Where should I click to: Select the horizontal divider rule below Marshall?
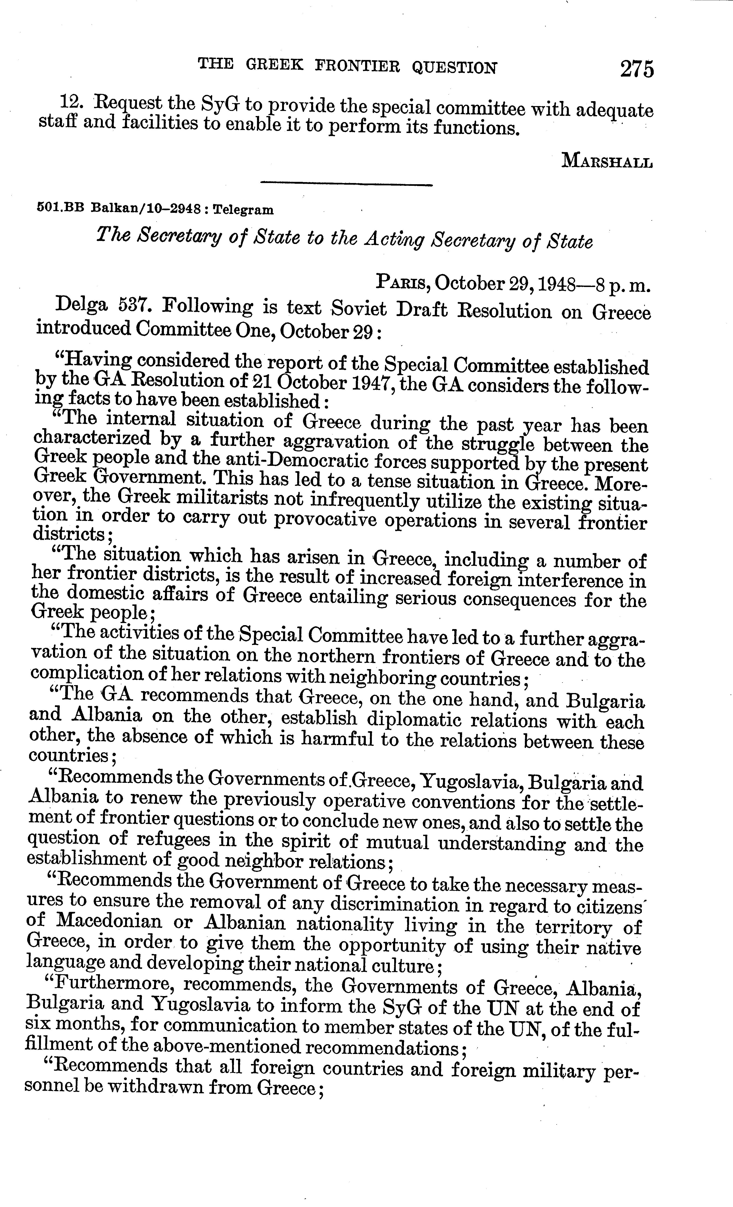(347, 185)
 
